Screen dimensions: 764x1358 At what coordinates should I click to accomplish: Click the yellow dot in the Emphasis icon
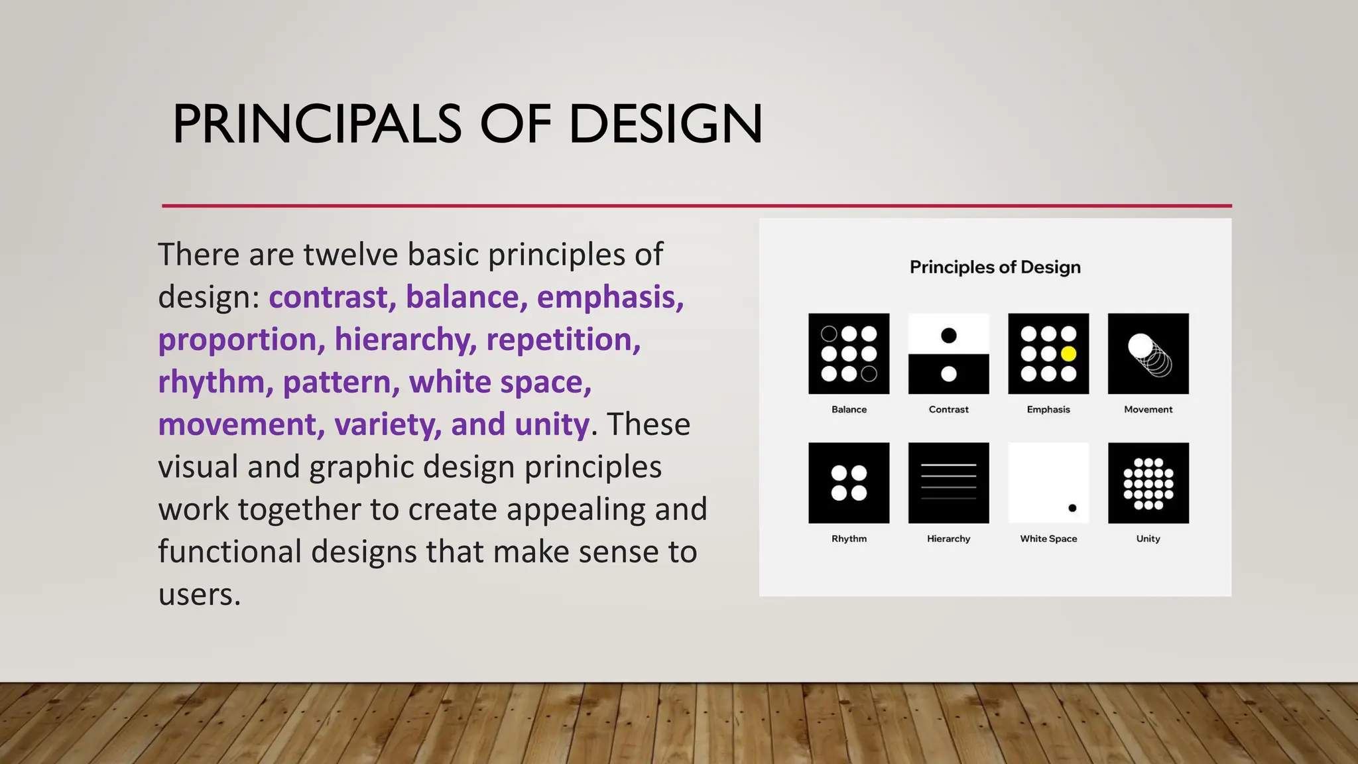(x=1068, y=354)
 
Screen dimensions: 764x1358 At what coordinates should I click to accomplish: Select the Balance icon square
(x=849, y=353)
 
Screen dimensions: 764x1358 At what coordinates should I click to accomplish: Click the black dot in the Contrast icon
(x=949, y=336)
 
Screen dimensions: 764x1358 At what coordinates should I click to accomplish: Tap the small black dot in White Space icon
(x=1072, y=508)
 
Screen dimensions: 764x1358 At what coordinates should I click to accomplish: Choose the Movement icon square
(x=1148, y=353)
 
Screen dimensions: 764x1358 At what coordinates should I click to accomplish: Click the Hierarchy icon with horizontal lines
(x=949, y=483)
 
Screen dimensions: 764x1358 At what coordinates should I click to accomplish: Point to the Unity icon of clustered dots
(x=1148, y=483)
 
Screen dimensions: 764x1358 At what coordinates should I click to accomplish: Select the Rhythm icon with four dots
(x=849, y=483)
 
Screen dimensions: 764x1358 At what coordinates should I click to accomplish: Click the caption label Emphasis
(x=1048, y=409)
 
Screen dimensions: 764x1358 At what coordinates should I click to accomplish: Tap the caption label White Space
(x=1048, y=539)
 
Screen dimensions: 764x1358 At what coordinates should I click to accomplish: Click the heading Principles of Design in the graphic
(x=995, y=267)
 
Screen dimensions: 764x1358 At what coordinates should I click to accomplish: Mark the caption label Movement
(x=1148, y=409)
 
